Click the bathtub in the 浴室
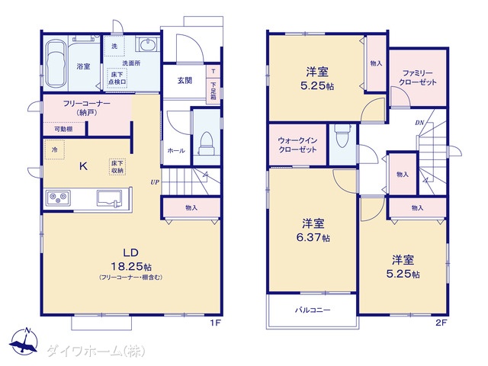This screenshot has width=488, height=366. [x=56, y=63]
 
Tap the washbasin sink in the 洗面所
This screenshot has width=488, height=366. [x=147, y=45]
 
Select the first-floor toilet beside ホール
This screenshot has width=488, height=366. [x=207, y=143]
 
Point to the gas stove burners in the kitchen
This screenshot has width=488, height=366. [x=58, y=197]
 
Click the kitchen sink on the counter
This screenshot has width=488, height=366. [x=109, y=198]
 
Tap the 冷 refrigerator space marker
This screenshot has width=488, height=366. [x=55, y=149]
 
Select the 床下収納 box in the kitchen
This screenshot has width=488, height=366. [x=117, y=167]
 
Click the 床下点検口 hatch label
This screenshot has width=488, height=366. [x=117, y=78]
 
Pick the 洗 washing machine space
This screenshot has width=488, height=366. [x=114, y=46]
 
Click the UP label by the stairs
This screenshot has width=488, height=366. [x=155, y=182]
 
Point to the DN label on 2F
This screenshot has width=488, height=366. [x=419, y=123]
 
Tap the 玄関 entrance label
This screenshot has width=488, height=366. [x=185, y=81]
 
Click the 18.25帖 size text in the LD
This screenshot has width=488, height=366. [x=131, y=266]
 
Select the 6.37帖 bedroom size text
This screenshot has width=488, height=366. [x=313, y=237]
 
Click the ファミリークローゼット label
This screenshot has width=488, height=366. [x=418, y=78]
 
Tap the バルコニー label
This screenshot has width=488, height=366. [x=313, y=310]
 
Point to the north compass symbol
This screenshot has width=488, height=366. [x=24, y=341]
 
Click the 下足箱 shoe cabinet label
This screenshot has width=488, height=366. [x=213, y=91]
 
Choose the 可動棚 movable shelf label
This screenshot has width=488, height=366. [x=63, y=129]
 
